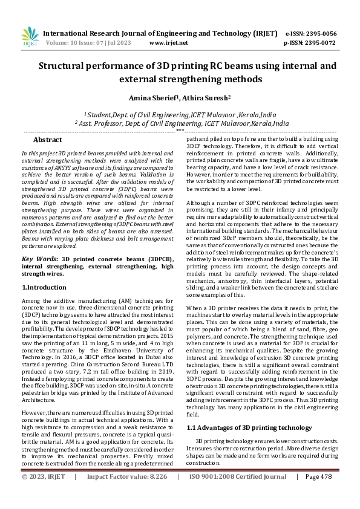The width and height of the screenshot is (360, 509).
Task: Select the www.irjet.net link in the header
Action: point(168,43)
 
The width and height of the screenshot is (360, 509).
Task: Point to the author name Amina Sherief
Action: point(151,98)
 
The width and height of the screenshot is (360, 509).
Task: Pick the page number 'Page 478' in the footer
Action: point(319,494)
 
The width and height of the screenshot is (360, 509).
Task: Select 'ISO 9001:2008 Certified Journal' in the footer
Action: point(238,494)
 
